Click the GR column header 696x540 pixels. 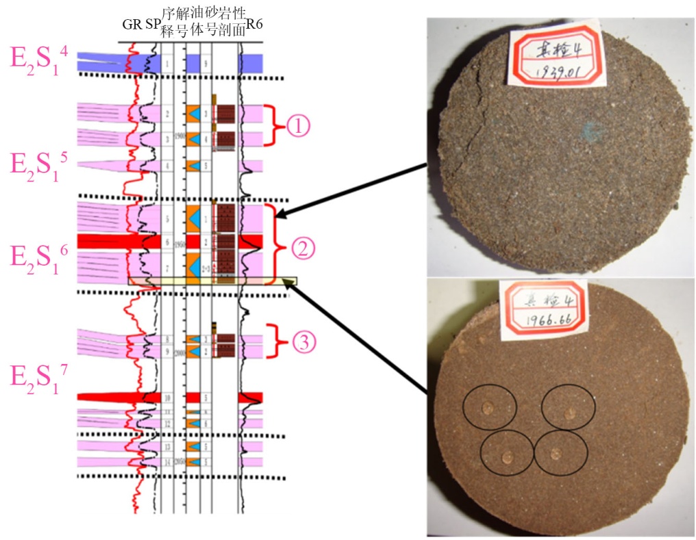click(132, 25)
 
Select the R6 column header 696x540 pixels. click(255, 25)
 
